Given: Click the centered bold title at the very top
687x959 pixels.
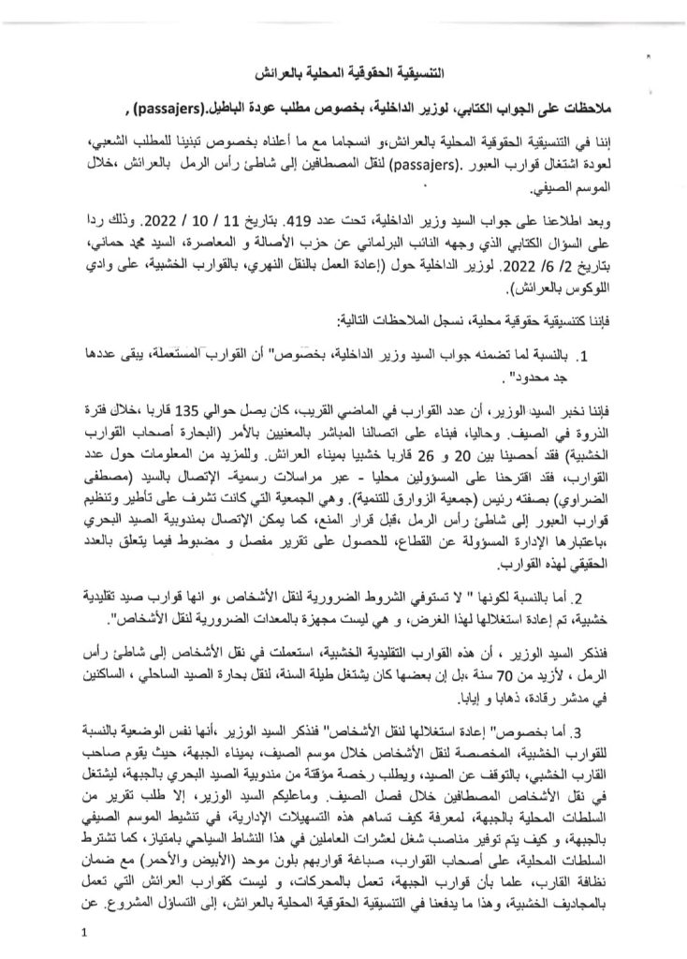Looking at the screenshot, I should [x=343, y=72].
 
